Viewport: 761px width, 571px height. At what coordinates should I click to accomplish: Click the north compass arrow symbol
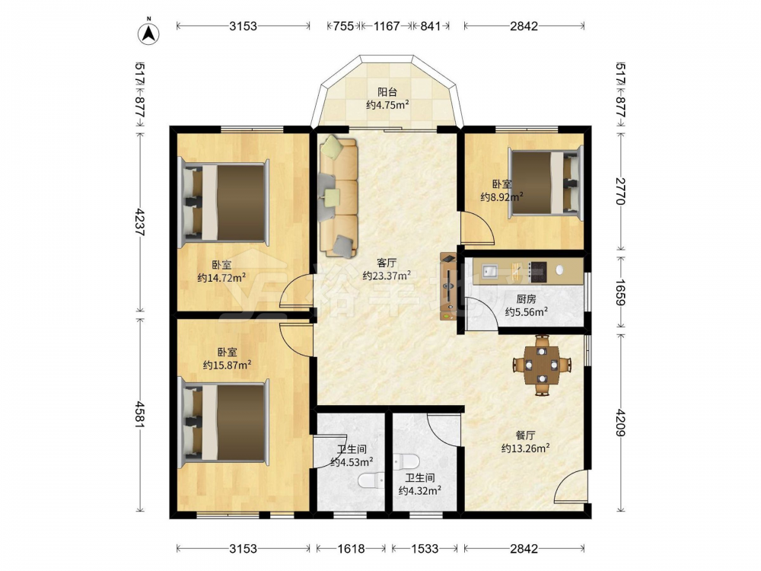tap(149, 33)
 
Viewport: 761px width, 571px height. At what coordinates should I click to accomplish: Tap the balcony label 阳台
tap(387, 92)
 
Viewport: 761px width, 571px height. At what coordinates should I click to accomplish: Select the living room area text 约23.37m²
tap(387, 276)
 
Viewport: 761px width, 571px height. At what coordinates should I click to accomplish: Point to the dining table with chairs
tap(542, 365)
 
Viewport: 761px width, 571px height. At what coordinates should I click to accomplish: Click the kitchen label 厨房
tap(526, 299)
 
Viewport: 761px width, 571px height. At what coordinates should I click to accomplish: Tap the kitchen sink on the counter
tap(489, 270)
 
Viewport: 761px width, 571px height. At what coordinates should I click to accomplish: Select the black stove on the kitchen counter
tap(538, 272)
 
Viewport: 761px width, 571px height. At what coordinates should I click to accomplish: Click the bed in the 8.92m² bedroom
tap(545, 182)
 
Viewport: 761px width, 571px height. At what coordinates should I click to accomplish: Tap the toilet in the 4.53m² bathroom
tap(371, 480)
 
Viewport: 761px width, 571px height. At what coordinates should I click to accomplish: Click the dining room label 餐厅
tap(525, 435)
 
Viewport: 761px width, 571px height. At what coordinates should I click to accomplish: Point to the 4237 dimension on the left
tap(140, 222)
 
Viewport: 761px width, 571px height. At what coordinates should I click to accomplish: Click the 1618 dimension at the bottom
tap(351, 549)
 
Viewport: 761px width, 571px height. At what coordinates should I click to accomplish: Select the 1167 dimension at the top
tap(387, 26)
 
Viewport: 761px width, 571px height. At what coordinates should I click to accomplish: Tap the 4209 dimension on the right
tap(621, 423)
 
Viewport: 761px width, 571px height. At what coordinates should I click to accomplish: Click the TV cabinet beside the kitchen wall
tap(448, 286)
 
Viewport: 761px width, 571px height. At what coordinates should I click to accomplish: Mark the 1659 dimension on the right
tap(621, 292)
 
